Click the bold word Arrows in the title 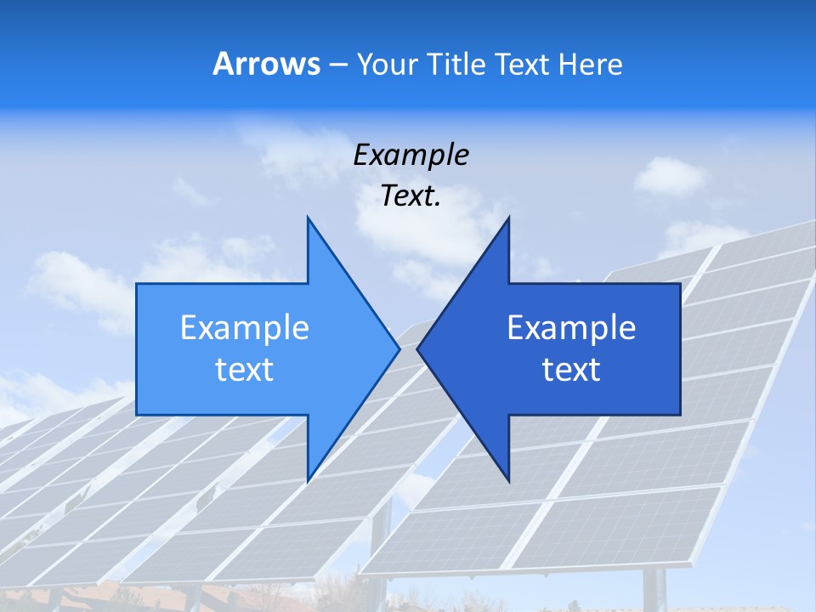(267, 65)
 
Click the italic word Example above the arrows (411, 155)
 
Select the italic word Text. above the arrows (411, 196)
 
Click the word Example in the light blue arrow (245, 328)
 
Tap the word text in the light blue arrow (245, 370)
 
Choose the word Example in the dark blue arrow (571, 328)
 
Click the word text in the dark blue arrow (571, 370)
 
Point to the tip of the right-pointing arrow (399, 348)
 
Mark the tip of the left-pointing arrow (417, 348)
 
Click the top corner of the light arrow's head (308, 218)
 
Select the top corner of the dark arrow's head (508, 218)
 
